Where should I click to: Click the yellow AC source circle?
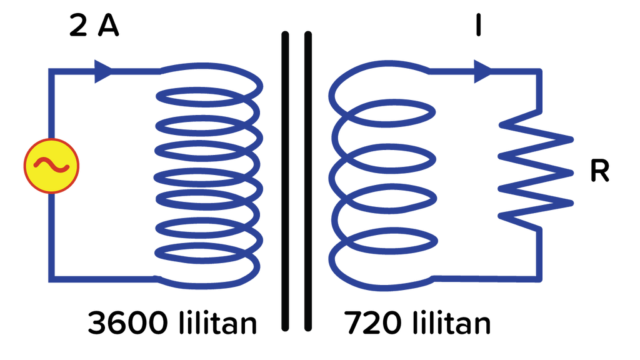tap(51, 166)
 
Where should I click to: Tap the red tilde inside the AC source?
tap(51, 165)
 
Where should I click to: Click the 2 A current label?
tap(94, 26)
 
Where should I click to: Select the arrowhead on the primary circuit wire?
tap(103, 71)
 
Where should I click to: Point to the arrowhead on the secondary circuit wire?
tap(483, 71)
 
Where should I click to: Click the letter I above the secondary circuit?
tap(478, 25)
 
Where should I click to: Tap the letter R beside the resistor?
tap(599, 171)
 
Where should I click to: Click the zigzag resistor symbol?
tap(536, 171)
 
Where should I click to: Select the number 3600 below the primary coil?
tap(127, 322)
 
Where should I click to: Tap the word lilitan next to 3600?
tap(217, 322)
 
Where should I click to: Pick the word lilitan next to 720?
tap(451, 322)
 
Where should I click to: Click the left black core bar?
tap(285, 181)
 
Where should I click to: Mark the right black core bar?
tap(308, 181)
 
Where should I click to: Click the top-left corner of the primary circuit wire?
tap(51, 71)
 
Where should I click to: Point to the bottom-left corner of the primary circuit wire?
tap(51, 279)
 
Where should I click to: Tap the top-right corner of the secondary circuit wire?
tap(539, 71)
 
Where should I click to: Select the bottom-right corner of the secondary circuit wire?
tap(539, 279)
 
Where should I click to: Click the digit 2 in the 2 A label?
tap(78, 26)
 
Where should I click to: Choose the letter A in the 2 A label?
tap(108, 26)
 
